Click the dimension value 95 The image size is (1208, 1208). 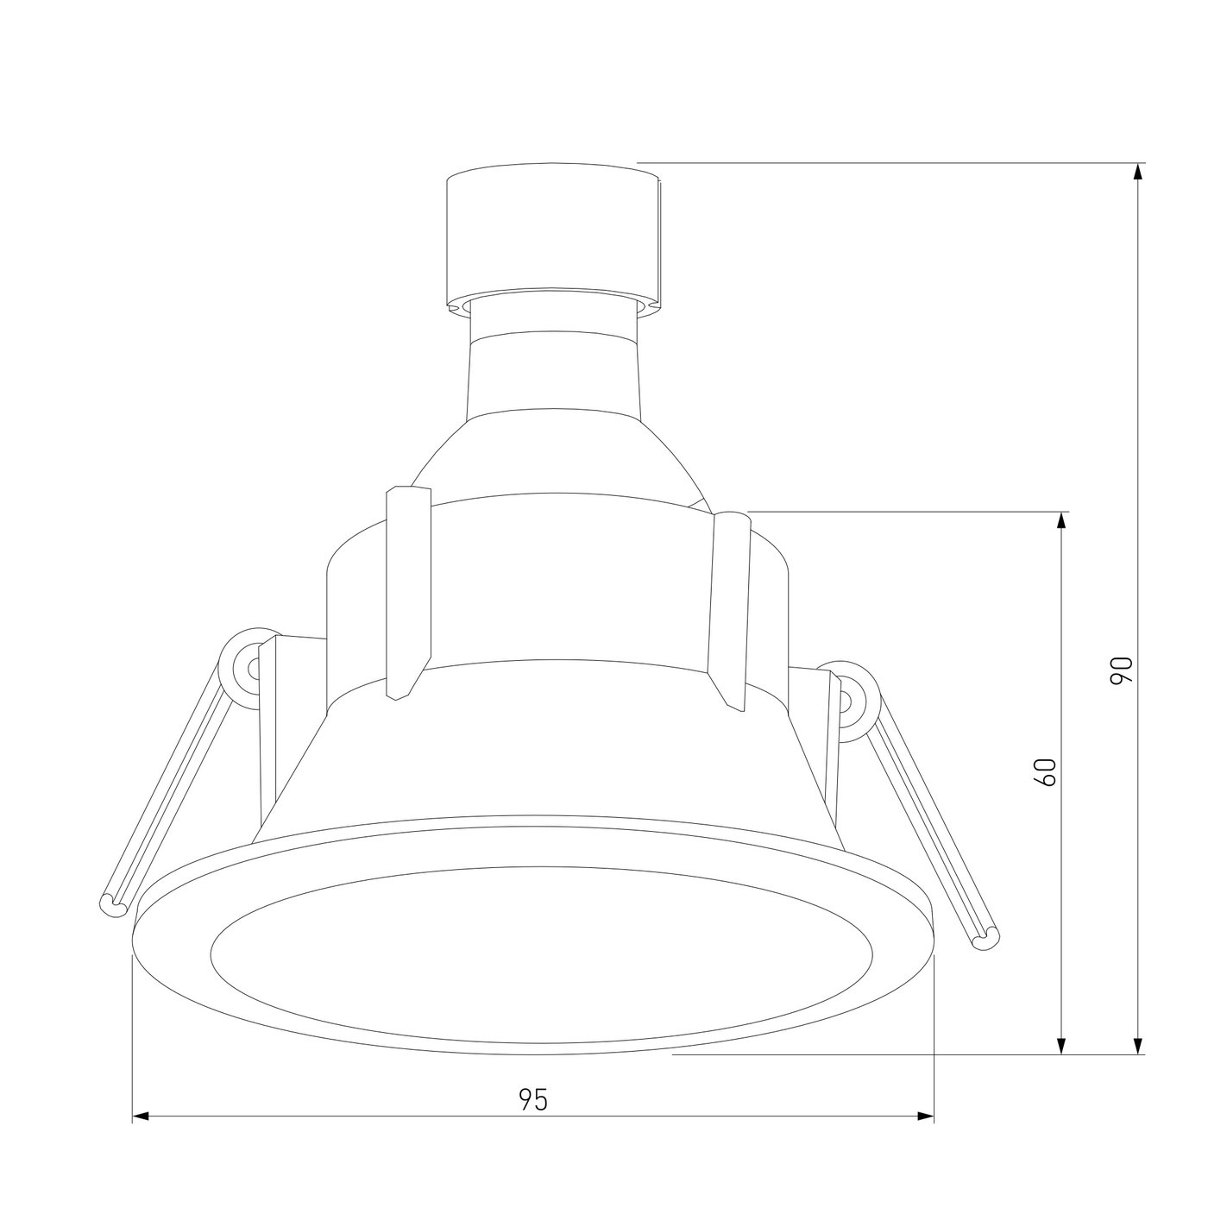pyautogui.click(x=533, y=1099)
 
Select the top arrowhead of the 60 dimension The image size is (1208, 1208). pyautogui.click(x=1061, y=521)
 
